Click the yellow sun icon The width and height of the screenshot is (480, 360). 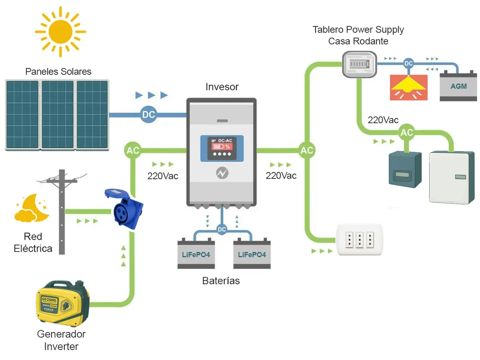point(60,31)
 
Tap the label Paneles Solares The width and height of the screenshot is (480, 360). point(58,72)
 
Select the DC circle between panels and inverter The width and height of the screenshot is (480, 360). point(148,115)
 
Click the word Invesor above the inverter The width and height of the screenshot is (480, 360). point(222,87)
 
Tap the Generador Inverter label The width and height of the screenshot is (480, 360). point(61,340)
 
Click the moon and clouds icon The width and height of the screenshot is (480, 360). point(31,209)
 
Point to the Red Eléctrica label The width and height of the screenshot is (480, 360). point(33,242)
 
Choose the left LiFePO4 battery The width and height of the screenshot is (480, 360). point(196,254)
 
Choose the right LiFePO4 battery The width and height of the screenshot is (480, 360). point(252,254)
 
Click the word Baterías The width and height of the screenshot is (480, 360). point(221,281)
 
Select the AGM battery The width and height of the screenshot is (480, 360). point(458,86)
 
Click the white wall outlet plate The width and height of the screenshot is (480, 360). point(360,240)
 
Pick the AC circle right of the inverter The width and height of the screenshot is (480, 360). point(307,150)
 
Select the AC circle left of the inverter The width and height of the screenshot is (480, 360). point(133,150)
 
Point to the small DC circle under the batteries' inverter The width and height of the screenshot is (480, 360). point(222,230)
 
